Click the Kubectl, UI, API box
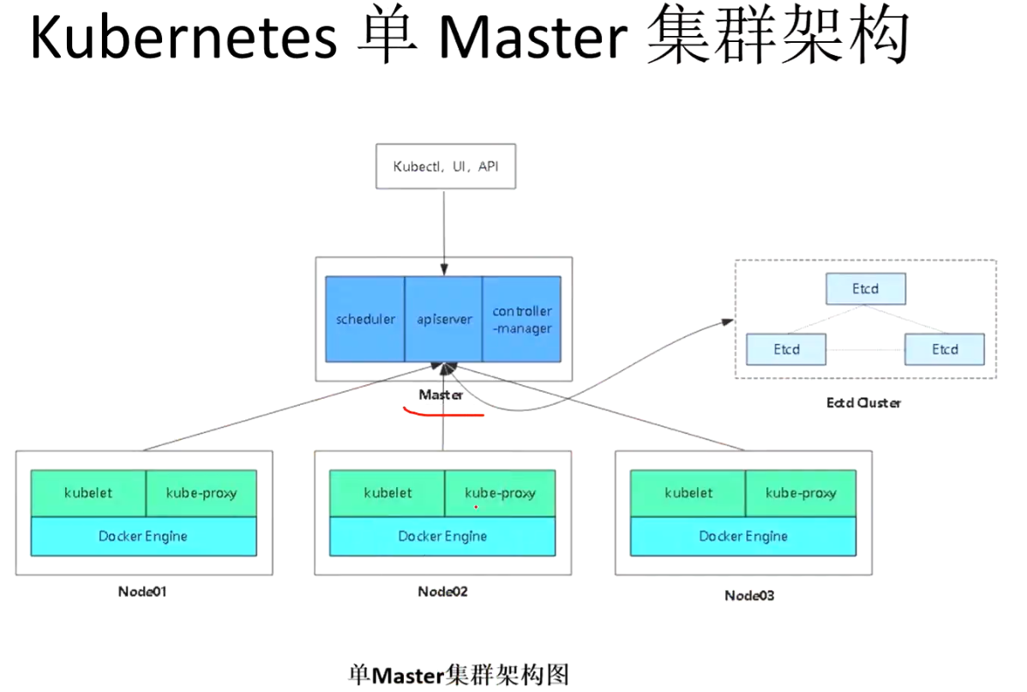pos(445,166)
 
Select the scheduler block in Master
pos(365,319)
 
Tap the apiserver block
pos(443,319)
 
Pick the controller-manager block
pos(522,319)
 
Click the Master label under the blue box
pos(441,394)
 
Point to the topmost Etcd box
pos(865,289)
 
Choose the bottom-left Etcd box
pos(786,349)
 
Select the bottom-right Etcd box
pos(945,349)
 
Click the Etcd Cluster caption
pos(863,402)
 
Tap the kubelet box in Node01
pos(88,493)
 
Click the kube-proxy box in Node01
pos(201,493)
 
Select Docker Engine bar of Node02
pos(442,537)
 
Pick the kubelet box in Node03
pos(688,493)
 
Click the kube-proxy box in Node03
pos(800,493)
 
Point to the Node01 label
pos(142,592)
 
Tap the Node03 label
pos(748,595)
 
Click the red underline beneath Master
pos(444,413)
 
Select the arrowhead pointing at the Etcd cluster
pos(728,322)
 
